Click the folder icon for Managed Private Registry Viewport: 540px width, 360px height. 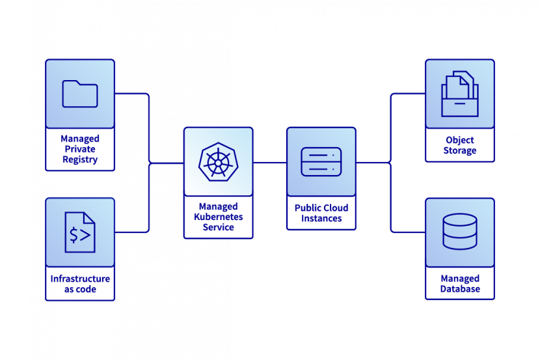pyautogui.click(x=80, y=94)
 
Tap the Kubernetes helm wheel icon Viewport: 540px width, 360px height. pyautogui.click(x=218, y=161)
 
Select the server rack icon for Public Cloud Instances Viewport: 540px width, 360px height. pyautogui.click(x=321, y=161)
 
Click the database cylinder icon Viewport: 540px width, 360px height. pyautogui.click(x=459, y=232)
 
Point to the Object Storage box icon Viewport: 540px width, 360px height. pyautogui.click(x=459, y=94)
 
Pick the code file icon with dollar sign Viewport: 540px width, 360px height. pyautogui.click(x=80, y=232)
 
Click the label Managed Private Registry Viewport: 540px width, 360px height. pyautogui.click(x=80, y=149)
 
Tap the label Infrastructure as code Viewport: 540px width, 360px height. pyautogui.click(x=80, y=284)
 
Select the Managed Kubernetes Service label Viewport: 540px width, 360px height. pyautogui.click(x=218, y=217)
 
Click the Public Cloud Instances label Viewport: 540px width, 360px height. pyautogui.click(x=321, y=213)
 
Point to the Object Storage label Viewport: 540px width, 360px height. pyautogui.click(x=459, y=145)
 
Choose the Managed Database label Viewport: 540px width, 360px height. pyautogui.click(x=459, y=284)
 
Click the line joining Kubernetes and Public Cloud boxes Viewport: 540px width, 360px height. pyautogui.click(x=270, y=162)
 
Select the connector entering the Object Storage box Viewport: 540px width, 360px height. pyautogui.click(x=408, y=94)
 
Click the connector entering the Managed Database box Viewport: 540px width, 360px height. pyautogui.click(x=408, y=232)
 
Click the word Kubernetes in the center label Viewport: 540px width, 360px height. pyautogui.click(x=218, y=217)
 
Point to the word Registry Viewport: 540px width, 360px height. pyautogui.click(x=80, y=159)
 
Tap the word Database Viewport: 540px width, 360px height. pyautogui.click(x=459, y=289)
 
